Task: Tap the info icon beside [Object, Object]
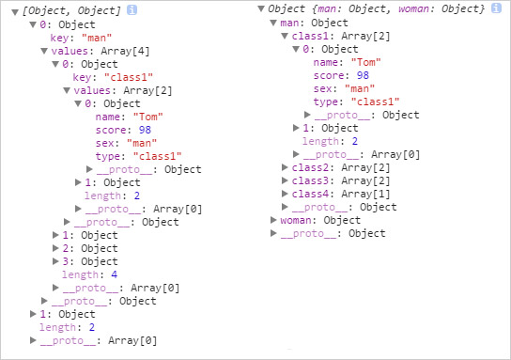(132, 9)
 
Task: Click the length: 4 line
(82, 274)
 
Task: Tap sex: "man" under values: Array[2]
(130, 143)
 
